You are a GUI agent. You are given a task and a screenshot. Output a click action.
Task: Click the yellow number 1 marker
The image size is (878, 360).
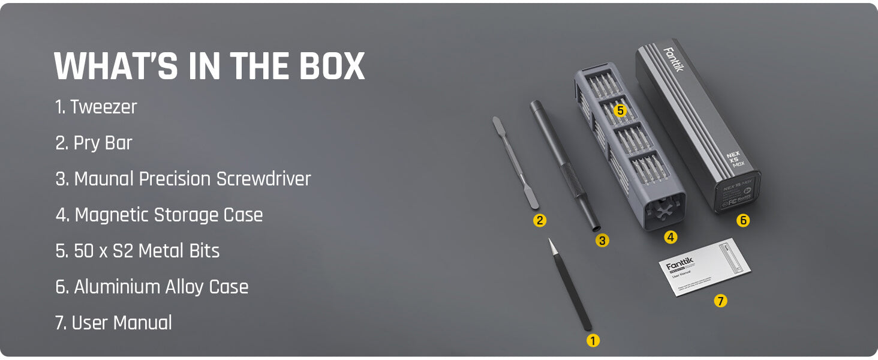593,341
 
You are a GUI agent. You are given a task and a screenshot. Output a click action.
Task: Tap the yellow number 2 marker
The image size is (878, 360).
540,220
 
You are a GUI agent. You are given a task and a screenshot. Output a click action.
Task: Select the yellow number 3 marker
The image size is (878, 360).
602,241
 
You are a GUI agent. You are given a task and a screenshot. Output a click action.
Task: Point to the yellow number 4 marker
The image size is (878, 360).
670,237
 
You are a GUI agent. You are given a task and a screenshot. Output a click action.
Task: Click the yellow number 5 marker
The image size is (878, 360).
620,110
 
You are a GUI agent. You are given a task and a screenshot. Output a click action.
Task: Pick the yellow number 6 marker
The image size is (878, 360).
743,220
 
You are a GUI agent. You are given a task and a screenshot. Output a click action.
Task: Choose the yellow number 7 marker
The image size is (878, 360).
720,301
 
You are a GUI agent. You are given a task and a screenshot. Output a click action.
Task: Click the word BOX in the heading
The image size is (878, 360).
329,66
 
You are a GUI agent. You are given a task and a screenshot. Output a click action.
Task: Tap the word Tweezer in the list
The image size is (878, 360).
104,107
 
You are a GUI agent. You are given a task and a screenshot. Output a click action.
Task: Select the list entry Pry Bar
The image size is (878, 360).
103,143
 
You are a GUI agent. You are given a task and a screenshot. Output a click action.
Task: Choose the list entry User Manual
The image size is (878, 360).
122,323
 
